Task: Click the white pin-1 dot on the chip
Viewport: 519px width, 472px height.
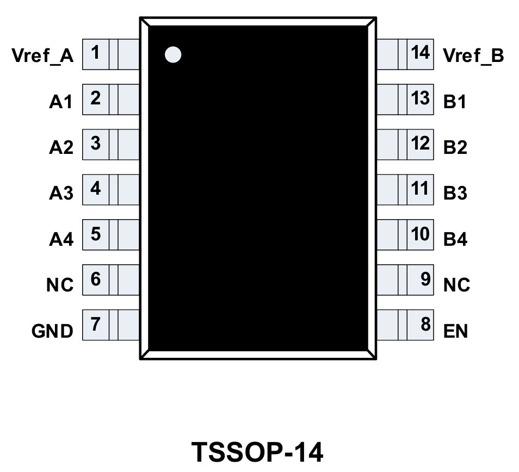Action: [172, 54]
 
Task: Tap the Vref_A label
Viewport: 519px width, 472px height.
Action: [43, 56]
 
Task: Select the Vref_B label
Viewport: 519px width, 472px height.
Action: [473, 56]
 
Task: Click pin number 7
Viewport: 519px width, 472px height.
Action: [95, 325]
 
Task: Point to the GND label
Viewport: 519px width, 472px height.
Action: [52, 331]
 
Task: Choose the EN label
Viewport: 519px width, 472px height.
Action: [455, 331]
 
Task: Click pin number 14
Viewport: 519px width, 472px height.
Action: [421, 53]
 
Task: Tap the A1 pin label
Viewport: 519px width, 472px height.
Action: [61, 102]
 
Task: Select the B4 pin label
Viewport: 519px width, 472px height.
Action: [455, 239]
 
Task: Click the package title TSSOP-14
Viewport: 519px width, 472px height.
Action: [258, 451]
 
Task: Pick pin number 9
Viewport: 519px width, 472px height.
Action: [425, 280]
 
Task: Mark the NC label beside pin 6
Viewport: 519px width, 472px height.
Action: [60, 285]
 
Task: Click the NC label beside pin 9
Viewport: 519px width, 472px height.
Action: [456, 285]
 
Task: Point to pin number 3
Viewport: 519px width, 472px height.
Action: [95, 144]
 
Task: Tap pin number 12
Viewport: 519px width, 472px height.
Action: [421, 144]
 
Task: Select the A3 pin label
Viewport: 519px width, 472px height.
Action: [61, 194]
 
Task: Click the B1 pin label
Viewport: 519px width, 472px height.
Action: [455, 102]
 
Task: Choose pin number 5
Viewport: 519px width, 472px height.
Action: [95, 234]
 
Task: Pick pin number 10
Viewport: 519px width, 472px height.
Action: [421, 234]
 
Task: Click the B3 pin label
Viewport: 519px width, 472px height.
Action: [455, 194]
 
